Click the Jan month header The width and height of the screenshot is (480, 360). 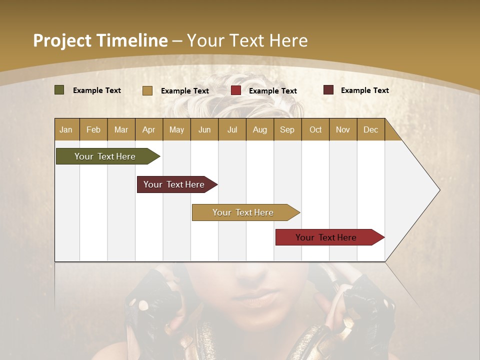pos(66,129)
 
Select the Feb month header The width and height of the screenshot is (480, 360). pos(93,129)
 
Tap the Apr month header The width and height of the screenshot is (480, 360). pos(148,129)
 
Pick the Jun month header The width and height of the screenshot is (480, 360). pos(204,129)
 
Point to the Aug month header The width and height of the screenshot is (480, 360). pos(259,129)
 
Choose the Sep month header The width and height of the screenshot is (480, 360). pos(287,129)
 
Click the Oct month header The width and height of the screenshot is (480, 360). pos(315,129)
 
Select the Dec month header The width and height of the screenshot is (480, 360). pos(370,129)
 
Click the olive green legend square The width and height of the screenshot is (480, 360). pos(59,90)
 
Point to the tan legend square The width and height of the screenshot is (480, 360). pos(147,90)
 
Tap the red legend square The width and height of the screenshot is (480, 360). pos(236,90)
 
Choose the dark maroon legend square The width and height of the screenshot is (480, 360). pos(328,90)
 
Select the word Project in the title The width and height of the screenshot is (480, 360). pos(62,40)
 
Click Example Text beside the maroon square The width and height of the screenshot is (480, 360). pos(364,90)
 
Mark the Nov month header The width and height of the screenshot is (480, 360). pos(342,129)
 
